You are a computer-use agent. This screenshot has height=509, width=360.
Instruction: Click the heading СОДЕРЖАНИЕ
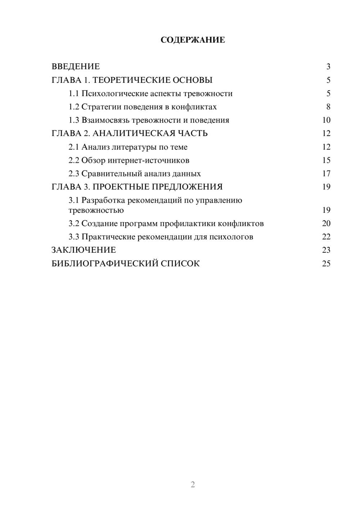pos(193,40)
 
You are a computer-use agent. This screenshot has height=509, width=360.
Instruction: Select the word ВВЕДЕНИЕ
pos(76,67)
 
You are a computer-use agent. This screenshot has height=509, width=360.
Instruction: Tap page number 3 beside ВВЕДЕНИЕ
pos(328,67)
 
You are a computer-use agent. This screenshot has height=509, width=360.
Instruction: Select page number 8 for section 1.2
pos(328,107)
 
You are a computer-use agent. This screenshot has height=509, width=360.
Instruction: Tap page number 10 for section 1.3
pos(326,120)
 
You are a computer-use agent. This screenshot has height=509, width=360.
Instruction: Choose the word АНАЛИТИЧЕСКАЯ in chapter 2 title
pos(134,134)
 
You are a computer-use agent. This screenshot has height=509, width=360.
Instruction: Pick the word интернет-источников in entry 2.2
pos(148,160)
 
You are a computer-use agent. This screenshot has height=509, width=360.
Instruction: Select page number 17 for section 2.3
pos(326,174)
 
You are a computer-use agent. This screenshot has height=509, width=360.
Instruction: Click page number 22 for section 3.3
pos(326,237)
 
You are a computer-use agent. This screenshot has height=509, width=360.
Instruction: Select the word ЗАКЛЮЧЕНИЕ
pos(84,250)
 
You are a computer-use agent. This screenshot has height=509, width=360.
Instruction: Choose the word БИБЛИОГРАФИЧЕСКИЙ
pos(105,263)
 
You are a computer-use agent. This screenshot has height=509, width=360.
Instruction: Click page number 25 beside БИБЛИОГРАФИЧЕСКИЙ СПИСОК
pos(326,263)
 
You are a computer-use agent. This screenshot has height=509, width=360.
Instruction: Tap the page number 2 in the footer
pos(193,485)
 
